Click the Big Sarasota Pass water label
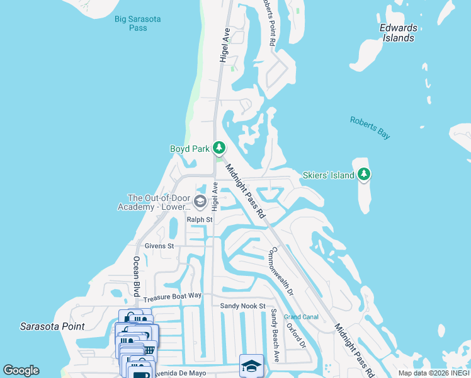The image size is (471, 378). (138, 23)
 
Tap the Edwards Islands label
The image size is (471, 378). (398, 33)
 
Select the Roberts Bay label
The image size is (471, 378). (370, 127)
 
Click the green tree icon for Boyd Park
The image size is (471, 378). (218, 148)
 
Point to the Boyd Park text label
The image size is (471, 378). (189, 149)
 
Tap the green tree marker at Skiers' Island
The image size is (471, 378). (364, 175)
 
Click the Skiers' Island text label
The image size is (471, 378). (328, 175)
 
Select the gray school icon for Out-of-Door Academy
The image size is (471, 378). (200, 202)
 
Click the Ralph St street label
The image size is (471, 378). (200, 219)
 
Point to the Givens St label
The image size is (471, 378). (159, 246)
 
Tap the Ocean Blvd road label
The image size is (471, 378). (135, 276)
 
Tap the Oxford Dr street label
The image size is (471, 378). (302, 336)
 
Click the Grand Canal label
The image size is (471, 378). (301, 317)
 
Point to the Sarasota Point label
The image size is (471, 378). (52, 326)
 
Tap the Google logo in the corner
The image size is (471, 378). (21, 370)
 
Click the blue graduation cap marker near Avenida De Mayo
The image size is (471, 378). (251, 365)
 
